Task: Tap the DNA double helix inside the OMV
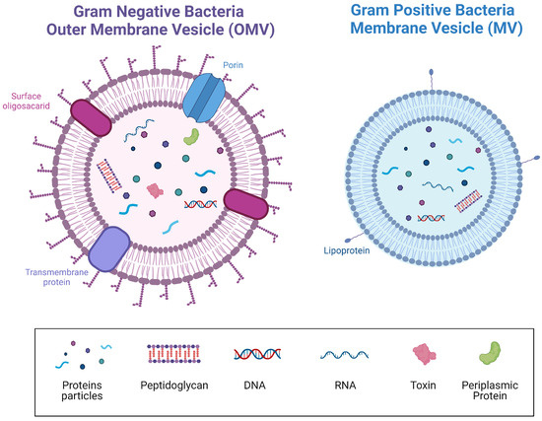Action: (200, 205)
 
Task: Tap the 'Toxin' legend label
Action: (425, 379)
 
